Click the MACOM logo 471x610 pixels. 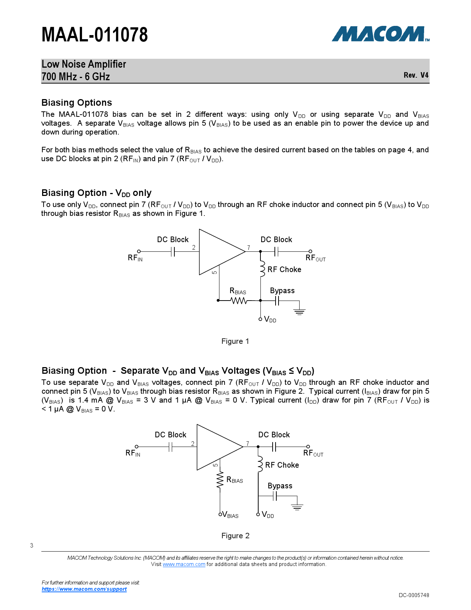tap(380, 34)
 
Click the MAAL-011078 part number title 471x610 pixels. tap(95, 35)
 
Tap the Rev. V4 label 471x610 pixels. tap(416, 75)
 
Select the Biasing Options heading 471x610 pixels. tap(76, 103)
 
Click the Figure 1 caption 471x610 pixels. tap(235, 341)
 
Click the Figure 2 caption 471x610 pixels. tap(235, 536)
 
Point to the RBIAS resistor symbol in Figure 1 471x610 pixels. tap(239, 301)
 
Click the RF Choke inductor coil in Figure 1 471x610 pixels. tap(262, 269)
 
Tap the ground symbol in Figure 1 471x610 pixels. tap(299, 311)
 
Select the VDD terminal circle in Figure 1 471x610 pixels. tap(260, 319)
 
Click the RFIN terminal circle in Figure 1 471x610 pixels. tap(139, 251)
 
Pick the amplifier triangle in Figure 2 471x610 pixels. tap(216, 447)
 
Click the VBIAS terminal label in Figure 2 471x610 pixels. tap(231, 515)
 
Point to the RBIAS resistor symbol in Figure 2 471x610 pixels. tap(220, 480)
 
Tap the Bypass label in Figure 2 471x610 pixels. tap(280, 486)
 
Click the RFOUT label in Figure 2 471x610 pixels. tap(313, 453)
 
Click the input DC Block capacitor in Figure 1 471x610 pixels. tap(173, 252)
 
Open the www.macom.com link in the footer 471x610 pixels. tap(184, 564)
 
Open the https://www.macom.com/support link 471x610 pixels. tap(84, 589)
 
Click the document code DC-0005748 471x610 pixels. tap(414, 595)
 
